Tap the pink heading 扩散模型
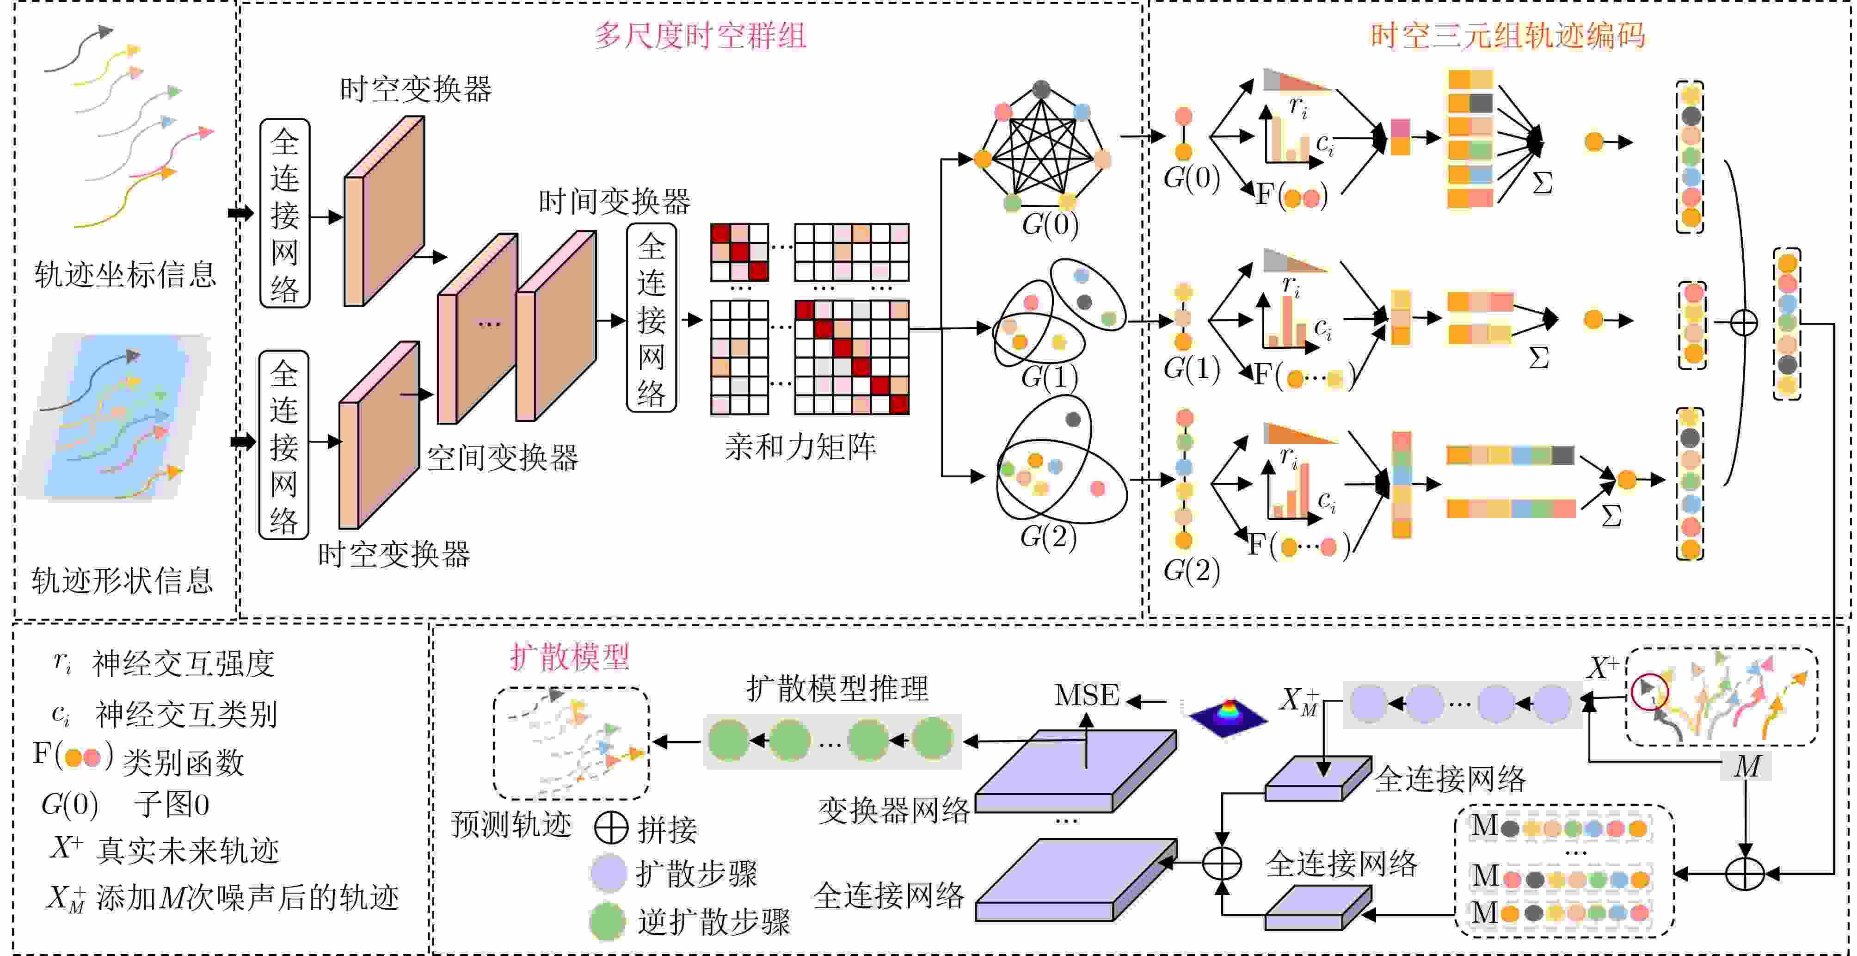coord(570,657)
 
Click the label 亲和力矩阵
coord(800,447)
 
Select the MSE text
coord(1086,696)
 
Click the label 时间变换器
coord(614,202)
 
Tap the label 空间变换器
coord(503,458)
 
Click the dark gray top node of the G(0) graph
coord(1041,89)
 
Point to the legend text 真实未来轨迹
coord(187,851)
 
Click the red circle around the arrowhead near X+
coord(1650,691)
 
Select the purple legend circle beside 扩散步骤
coord(608,873)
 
